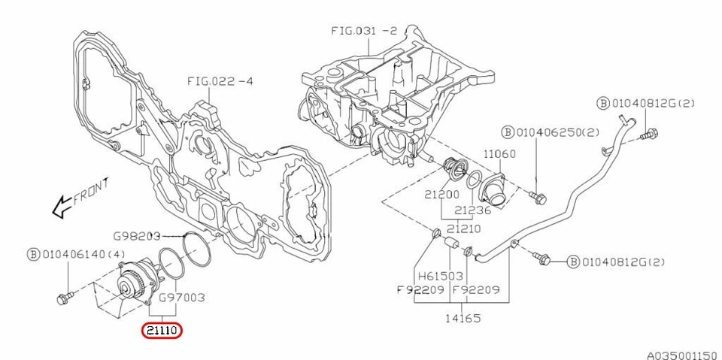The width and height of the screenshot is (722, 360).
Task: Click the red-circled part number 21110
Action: [162, 330]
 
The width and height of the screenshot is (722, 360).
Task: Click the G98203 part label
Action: [138, 235]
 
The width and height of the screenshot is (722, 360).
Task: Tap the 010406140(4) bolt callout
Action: [77, 253]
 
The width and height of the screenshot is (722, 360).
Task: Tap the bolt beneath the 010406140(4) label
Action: [64, 298]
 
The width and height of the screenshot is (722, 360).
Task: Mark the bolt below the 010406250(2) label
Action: [537, 197]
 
